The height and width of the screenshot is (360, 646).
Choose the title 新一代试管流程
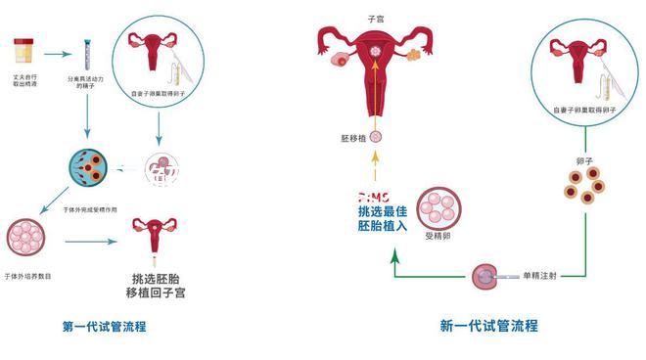tap(488, 326)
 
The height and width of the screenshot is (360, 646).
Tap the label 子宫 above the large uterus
tap(375, 18)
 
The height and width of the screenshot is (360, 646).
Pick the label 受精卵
tap(436, 236)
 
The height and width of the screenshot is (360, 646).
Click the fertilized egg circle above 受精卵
tap(436, 207)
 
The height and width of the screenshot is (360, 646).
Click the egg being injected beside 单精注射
tap(484, 277)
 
